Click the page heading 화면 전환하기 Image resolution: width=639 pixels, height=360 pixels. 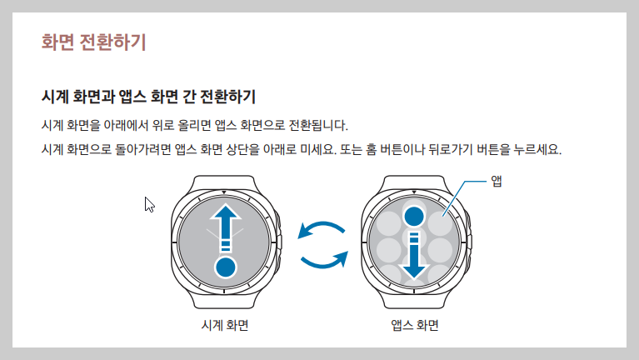coord(94,42)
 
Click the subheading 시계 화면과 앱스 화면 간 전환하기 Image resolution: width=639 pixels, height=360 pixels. coord(148,95)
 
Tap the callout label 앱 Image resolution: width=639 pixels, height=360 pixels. coord(497,181)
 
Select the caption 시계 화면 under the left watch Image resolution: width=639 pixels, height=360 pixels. coord(225,324)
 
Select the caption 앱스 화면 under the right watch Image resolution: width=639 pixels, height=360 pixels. coord(414,324)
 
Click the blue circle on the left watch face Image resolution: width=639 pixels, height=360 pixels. coord(226,267)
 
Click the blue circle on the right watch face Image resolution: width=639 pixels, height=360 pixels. coord(414,216)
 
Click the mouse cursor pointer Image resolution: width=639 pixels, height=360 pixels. coord(149,204)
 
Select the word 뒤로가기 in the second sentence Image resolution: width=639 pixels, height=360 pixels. coord(452,151)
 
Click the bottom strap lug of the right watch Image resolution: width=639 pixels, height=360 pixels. coord(414,301)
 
